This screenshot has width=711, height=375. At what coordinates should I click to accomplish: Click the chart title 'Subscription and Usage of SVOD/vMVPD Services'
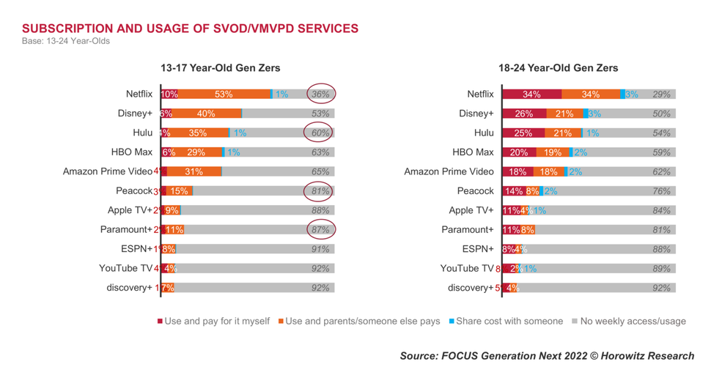click(190, 29)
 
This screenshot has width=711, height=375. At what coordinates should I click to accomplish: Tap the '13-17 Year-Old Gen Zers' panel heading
click(220, 68)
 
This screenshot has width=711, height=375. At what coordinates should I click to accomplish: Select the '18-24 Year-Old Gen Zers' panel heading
click(558, 68)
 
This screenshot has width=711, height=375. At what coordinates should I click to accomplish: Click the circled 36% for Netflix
click(320, 94)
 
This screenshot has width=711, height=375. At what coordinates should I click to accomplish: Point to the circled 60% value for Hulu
click(320, 133)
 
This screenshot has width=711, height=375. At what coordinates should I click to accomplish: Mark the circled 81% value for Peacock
click(320, 191)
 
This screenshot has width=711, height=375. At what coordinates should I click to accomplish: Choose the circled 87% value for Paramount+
click(320, 230)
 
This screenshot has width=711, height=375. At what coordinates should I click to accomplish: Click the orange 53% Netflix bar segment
click(224, 94)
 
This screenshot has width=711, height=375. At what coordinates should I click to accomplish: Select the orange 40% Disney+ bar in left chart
click(206, 114)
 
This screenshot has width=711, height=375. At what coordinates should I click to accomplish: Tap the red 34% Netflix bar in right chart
click(531, 94)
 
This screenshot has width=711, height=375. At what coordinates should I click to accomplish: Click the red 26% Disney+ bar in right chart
click(524, 114)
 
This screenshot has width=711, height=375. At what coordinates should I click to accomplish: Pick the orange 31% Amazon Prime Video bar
click(194, 171)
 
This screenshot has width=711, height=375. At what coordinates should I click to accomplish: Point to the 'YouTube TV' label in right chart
click(467, 268)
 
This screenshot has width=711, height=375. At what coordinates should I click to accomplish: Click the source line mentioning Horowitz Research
click(546, 356)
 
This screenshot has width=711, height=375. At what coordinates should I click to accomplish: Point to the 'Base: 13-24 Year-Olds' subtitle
click(66, 41)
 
